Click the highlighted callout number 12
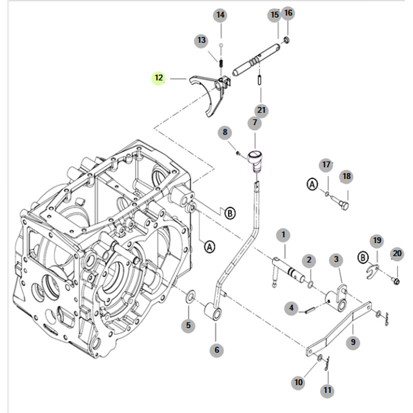[159, 78]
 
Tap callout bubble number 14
[220, 16]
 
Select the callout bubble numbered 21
[261, 110]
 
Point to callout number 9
[353, 342]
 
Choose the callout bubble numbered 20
[397, 254]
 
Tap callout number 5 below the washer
[188, 325]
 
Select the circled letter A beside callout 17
[312, 185]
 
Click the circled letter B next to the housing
[230, 213]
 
